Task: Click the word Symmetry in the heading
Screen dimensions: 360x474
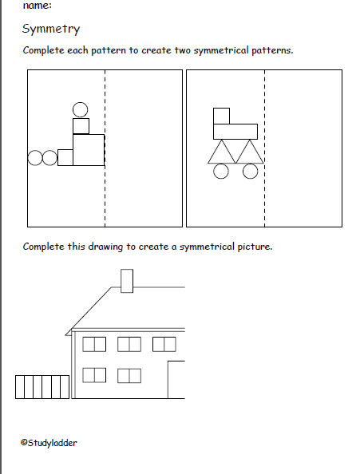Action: [x=51, y=30]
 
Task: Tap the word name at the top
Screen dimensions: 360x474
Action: [x=37, y=5]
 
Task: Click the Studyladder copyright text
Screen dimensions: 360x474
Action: [x=49, y=443]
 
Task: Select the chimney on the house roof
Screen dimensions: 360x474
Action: [x=127, y=281]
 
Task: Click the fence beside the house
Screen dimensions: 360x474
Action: [x=42, y=387]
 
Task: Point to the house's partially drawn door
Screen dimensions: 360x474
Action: [x=168, y=379]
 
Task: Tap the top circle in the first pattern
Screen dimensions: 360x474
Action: [x=81, y=102]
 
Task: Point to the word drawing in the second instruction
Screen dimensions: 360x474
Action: [x=105, y=247]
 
